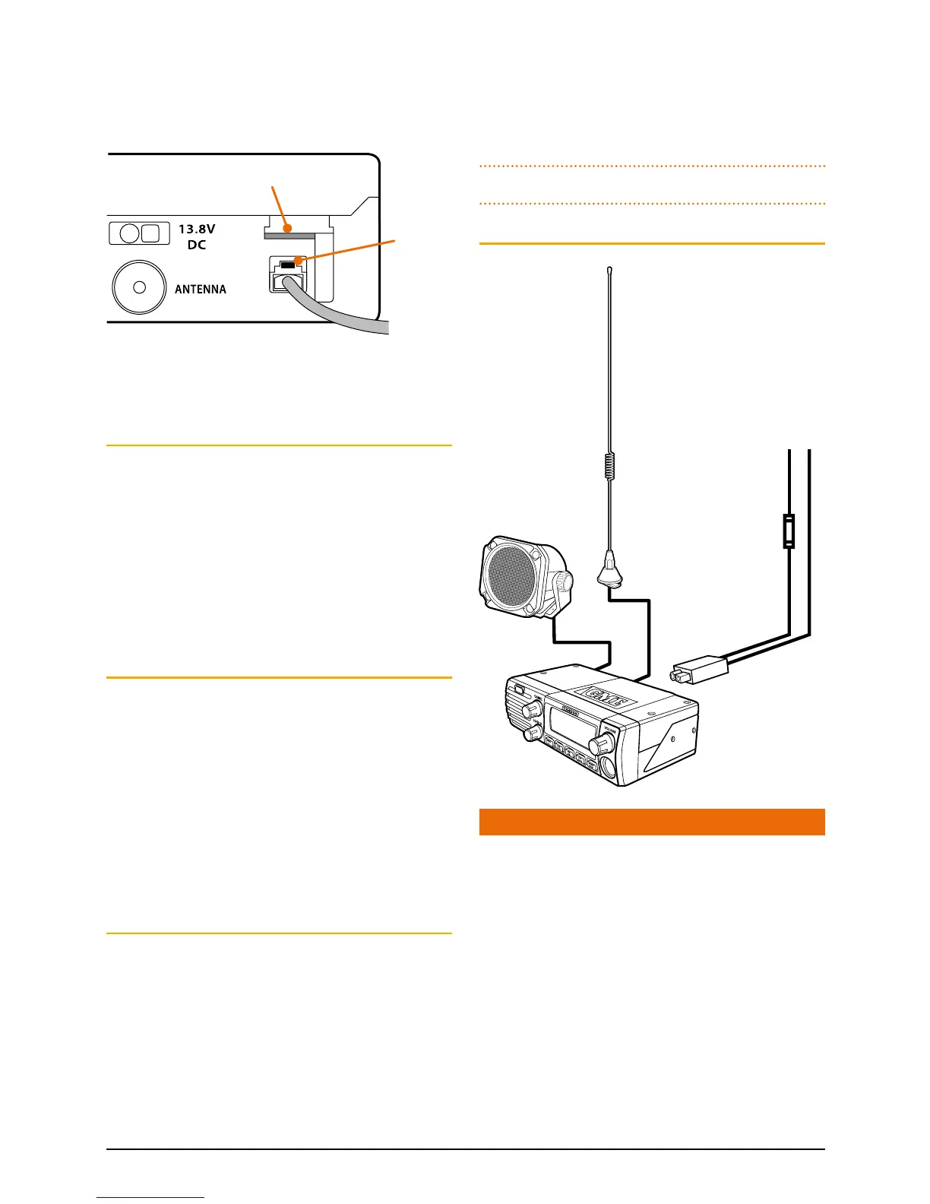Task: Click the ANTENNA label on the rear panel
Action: click(x=201, y=290)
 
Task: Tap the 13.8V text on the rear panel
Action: click(x=197, y=229)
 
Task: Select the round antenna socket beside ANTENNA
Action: click(x=139, y=287)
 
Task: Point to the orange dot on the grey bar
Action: click(x=286, y=227)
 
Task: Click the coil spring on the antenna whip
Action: click(x=609, y=466)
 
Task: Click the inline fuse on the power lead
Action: click(x=789, y=531)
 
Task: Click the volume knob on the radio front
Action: click(x=607, y=740)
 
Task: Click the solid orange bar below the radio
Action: click(x=651, y=822)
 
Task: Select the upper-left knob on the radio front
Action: click(x=532, y=708)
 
